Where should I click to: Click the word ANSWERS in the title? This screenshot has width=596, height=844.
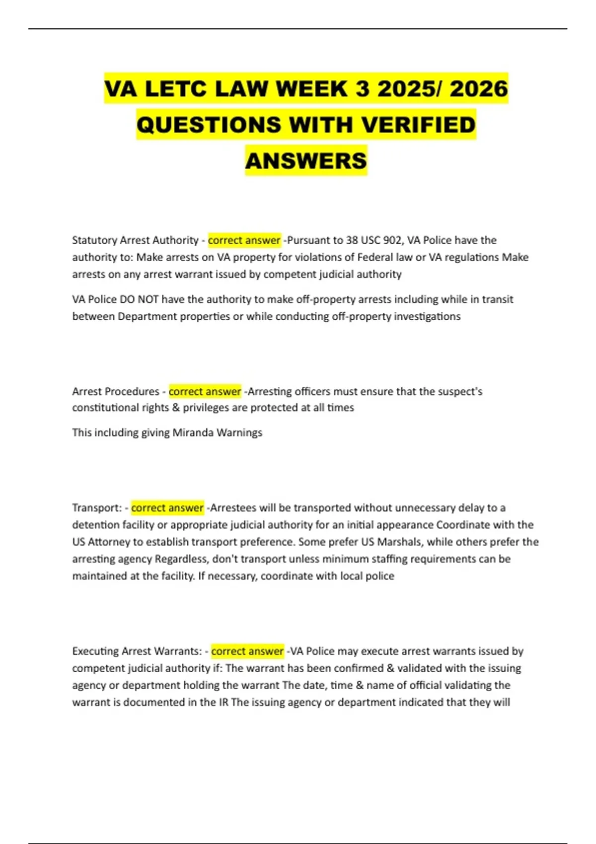(306, 161)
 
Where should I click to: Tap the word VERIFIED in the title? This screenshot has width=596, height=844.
(418, 125)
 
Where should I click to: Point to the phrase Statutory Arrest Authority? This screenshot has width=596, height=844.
(135, 240)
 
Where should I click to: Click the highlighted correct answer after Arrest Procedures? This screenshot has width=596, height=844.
(205, 391)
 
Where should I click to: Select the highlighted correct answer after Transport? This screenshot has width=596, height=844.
(167, 508)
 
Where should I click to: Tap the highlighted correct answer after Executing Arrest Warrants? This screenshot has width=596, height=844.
(247, 651)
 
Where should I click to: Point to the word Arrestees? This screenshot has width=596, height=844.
(233, 508)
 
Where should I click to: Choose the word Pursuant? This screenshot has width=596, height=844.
(308, 240)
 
